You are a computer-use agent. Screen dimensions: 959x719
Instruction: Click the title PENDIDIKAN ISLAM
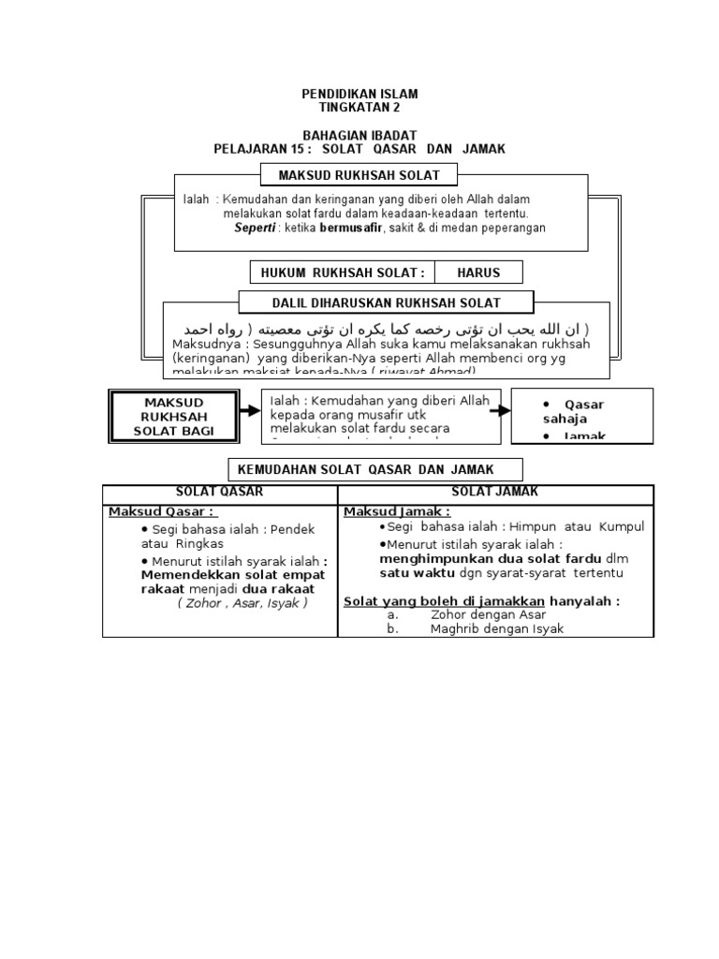359,95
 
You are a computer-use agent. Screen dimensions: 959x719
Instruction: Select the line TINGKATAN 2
359,108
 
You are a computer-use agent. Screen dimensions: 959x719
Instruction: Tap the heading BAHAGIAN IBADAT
359,136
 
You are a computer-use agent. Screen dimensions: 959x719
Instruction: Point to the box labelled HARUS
478,273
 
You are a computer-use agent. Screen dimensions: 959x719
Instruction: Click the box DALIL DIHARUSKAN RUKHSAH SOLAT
386,302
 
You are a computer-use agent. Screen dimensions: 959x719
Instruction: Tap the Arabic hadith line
387,330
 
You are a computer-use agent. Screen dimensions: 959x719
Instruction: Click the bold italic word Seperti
255,228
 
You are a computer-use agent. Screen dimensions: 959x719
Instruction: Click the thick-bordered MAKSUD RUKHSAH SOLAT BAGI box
173,416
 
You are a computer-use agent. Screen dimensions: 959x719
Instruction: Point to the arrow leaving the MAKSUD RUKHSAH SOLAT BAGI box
249,410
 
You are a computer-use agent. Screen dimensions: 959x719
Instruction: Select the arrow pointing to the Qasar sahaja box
500,409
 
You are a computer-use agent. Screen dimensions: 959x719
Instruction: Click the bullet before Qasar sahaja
547,404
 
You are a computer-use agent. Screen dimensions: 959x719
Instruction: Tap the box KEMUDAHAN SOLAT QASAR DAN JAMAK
376,468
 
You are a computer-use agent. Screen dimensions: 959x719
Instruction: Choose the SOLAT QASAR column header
220,492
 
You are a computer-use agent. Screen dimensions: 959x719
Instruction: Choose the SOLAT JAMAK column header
495,492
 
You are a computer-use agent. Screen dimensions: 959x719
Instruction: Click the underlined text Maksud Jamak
397,511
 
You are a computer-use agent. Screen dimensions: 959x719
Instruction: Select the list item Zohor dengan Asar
487,615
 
